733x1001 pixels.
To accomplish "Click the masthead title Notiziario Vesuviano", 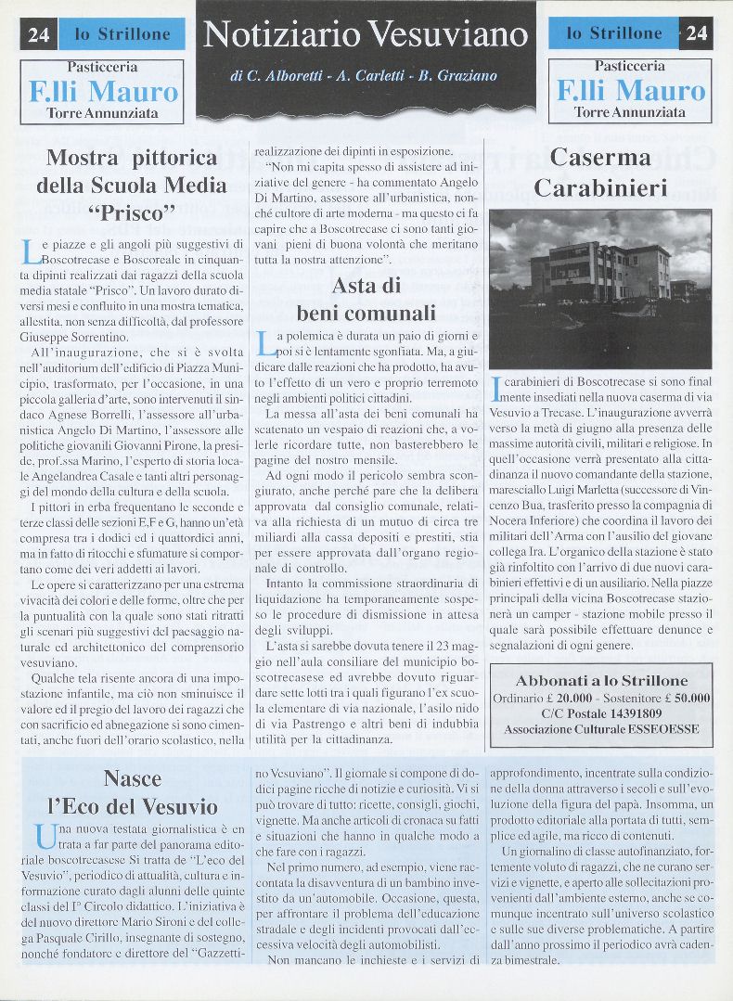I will click(366, 34).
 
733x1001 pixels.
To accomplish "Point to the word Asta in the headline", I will click(353, 285).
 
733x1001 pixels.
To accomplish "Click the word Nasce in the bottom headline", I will click(133, 778).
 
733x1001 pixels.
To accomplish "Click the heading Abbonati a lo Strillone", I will click(601, 681).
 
